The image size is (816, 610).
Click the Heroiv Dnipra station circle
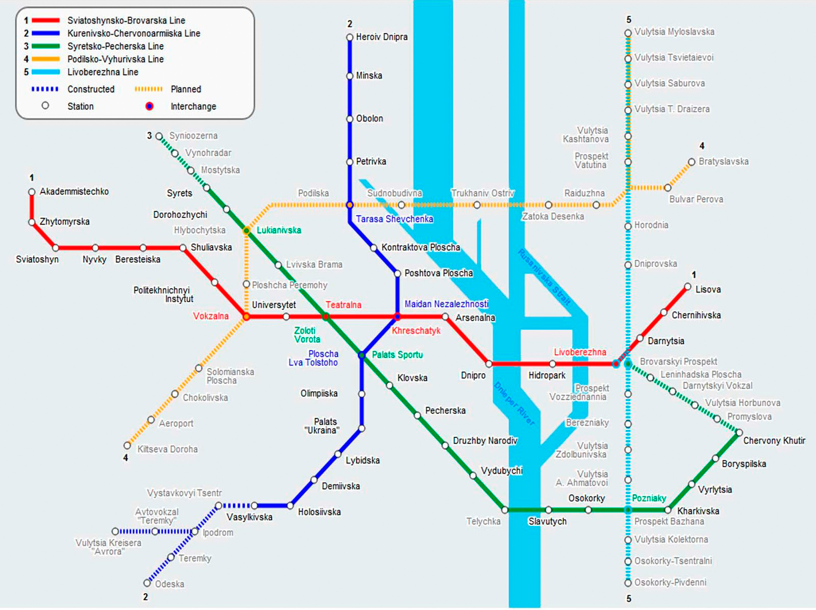point(349,37)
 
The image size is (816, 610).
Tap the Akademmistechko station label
point(74,191)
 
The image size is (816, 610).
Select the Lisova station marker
point(687,287)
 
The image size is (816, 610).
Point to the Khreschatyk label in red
point(416,331)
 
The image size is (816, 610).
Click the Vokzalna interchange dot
point(246,316)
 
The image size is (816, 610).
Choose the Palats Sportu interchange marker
point(362,355)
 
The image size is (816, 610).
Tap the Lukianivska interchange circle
point(246,231)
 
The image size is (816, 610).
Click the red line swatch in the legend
point(45,20)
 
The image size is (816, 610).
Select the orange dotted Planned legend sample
point(149,89)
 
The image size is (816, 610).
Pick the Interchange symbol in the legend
point(149,106)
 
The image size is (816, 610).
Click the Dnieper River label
point(515,404)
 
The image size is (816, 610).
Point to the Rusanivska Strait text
point(544,278)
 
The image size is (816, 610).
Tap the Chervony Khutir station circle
point(739,432)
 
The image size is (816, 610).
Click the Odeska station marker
point(147,582)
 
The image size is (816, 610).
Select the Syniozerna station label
point(193,136)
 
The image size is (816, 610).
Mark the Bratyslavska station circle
point(692,162)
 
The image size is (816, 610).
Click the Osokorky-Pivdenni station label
point(670,582)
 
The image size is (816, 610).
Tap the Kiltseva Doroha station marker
point(127,445)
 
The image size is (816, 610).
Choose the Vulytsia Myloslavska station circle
point(628,33)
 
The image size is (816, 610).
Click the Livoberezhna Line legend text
point(103,72)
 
